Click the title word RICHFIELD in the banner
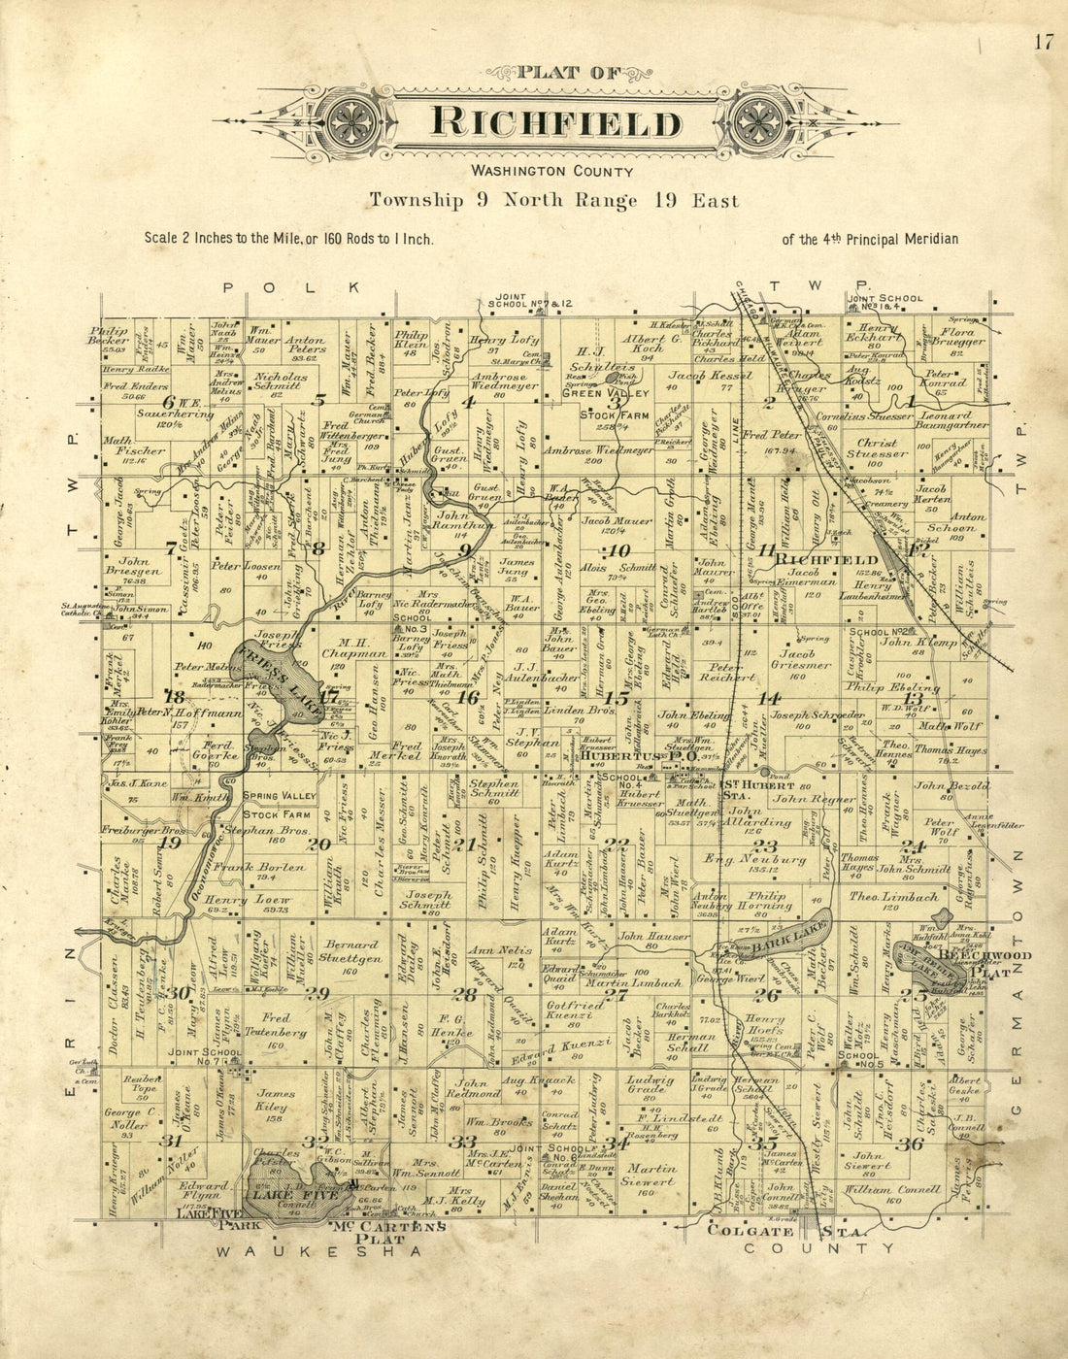(x=555, y=123)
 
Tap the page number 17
(x=1044, y=42)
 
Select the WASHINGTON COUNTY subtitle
(x=551, y=171)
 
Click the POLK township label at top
(x=292, y=287)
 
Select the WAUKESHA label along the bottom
(x=319, y=1252)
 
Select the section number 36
(x=909, y=1144)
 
